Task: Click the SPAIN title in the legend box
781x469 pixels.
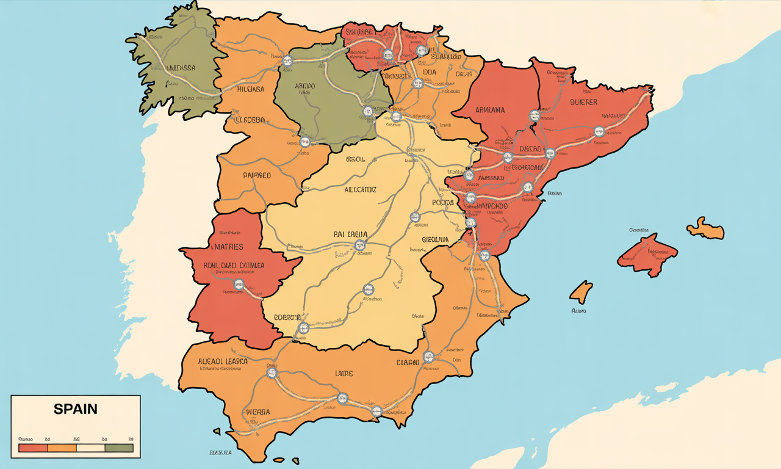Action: tap(75, 409)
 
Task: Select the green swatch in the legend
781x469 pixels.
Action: tap(119, 448)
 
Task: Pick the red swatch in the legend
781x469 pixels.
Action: tap(33, 448)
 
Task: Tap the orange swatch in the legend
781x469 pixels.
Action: tap(62, 448)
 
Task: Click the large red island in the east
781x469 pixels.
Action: tap(647, 254)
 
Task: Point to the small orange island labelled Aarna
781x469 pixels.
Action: tap(581, 291)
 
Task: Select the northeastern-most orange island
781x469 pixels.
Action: tap(706, 229)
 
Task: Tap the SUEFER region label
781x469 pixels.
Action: tap(583, 103)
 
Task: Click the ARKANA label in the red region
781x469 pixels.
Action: tap(490, 110)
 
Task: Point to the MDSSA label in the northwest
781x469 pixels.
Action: tap(178, 68)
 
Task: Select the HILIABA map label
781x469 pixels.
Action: tap(250, 89)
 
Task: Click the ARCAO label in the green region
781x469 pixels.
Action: tap(304, 86)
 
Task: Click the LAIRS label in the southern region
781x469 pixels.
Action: tap(344, 373)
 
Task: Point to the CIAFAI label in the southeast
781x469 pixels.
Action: tap(408, 362)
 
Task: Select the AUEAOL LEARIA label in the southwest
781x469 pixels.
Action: tap(223, 361)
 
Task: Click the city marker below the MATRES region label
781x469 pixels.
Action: tap(239, 284)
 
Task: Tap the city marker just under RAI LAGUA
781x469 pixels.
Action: tap(360, 245)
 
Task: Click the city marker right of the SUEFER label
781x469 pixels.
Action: tap(599, 131)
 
